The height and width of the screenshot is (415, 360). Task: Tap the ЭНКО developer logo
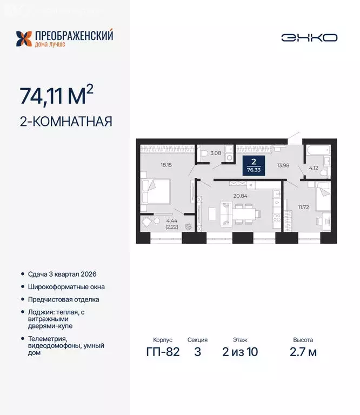pos(309,37)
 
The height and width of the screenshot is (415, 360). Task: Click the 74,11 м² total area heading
pos(56,96)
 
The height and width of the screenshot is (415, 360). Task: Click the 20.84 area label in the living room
pos(239,196)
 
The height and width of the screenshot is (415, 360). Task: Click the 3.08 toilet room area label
pos(215,153)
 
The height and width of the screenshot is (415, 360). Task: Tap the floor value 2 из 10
pos(240,352)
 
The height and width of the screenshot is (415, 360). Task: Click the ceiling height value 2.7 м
pos(303,352)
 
